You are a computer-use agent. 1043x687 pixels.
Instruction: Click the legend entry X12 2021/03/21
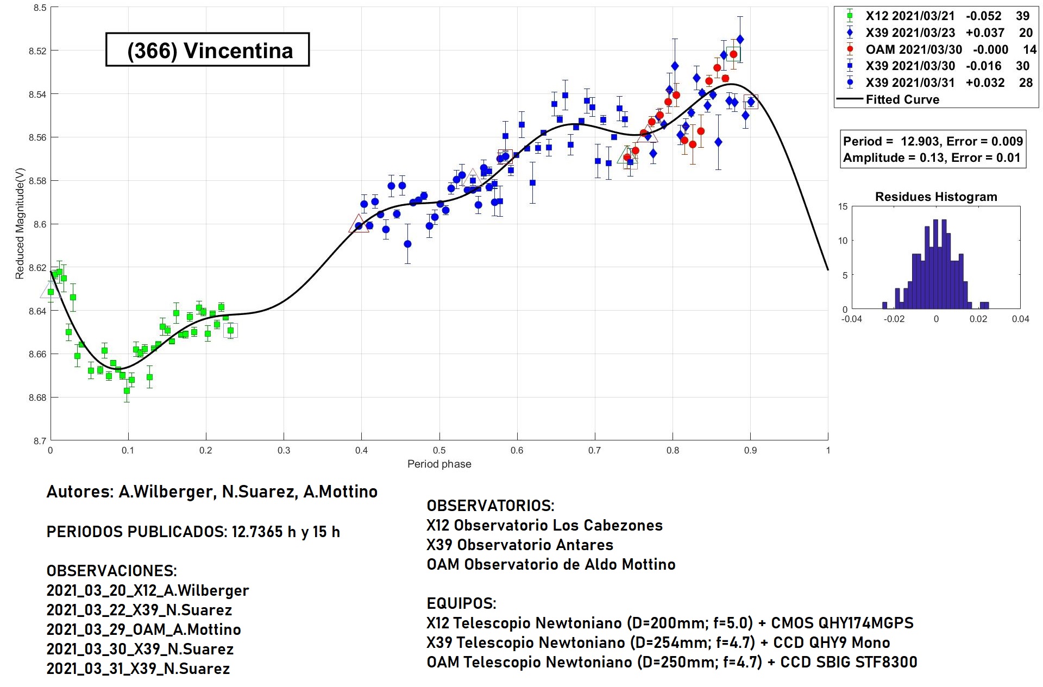[909, 16]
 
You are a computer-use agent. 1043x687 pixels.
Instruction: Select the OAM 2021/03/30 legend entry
[913, 49]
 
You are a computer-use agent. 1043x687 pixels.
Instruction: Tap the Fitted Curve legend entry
[902, 99]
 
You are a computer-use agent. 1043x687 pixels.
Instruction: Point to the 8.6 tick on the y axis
[37, 224]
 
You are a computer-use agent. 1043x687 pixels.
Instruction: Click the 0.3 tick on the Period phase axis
[284, 450]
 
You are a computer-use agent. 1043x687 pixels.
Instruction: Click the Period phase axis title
[439, 464]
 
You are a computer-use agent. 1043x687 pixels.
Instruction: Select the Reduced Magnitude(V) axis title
[20, 223]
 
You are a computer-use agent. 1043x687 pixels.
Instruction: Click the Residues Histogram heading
[935, 197]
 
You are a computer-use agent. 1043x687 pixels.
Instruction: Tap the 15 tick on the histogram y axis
[843, 206]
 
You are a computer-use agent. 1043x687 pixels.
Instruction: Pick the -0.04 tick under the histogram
[851, 319]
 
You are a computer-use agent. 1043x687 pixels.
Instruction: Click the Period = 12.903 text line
[932, 141]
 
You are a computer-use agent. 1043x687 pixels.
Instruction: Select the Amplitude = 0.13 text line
[931, 158]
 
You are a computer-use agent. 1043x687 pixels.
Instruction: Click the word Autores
[79, 491]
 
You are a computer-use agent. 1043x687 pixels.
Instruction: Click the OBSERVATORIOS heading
[490, 506]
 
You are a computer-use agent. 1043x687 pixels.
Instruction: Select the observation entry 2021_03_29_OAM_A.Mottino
[143, 629]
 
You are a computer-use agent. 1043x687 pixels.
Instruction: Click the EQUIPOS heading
[461, 603]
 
